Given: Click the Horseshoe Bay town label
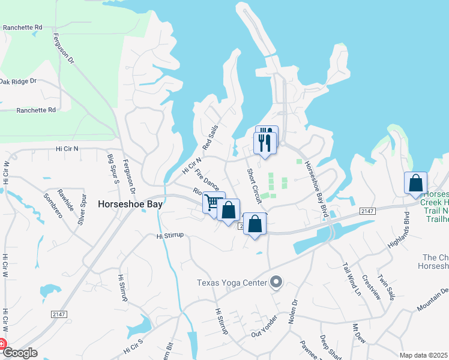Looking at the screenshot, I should click(x=131, y=204).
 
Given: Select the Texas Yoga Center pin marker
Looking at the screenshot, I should click(x=276, y=281).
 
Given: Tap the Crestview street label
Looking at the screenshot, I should click(x=372, y=287).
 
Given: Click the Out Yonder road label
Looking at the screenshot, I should click(x=266, y=326).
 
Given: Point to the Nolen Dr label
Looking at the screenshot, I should click(x=294, y=312).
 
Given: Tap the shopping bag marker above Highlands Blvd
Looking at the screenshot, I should click(x=415, y=183).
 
